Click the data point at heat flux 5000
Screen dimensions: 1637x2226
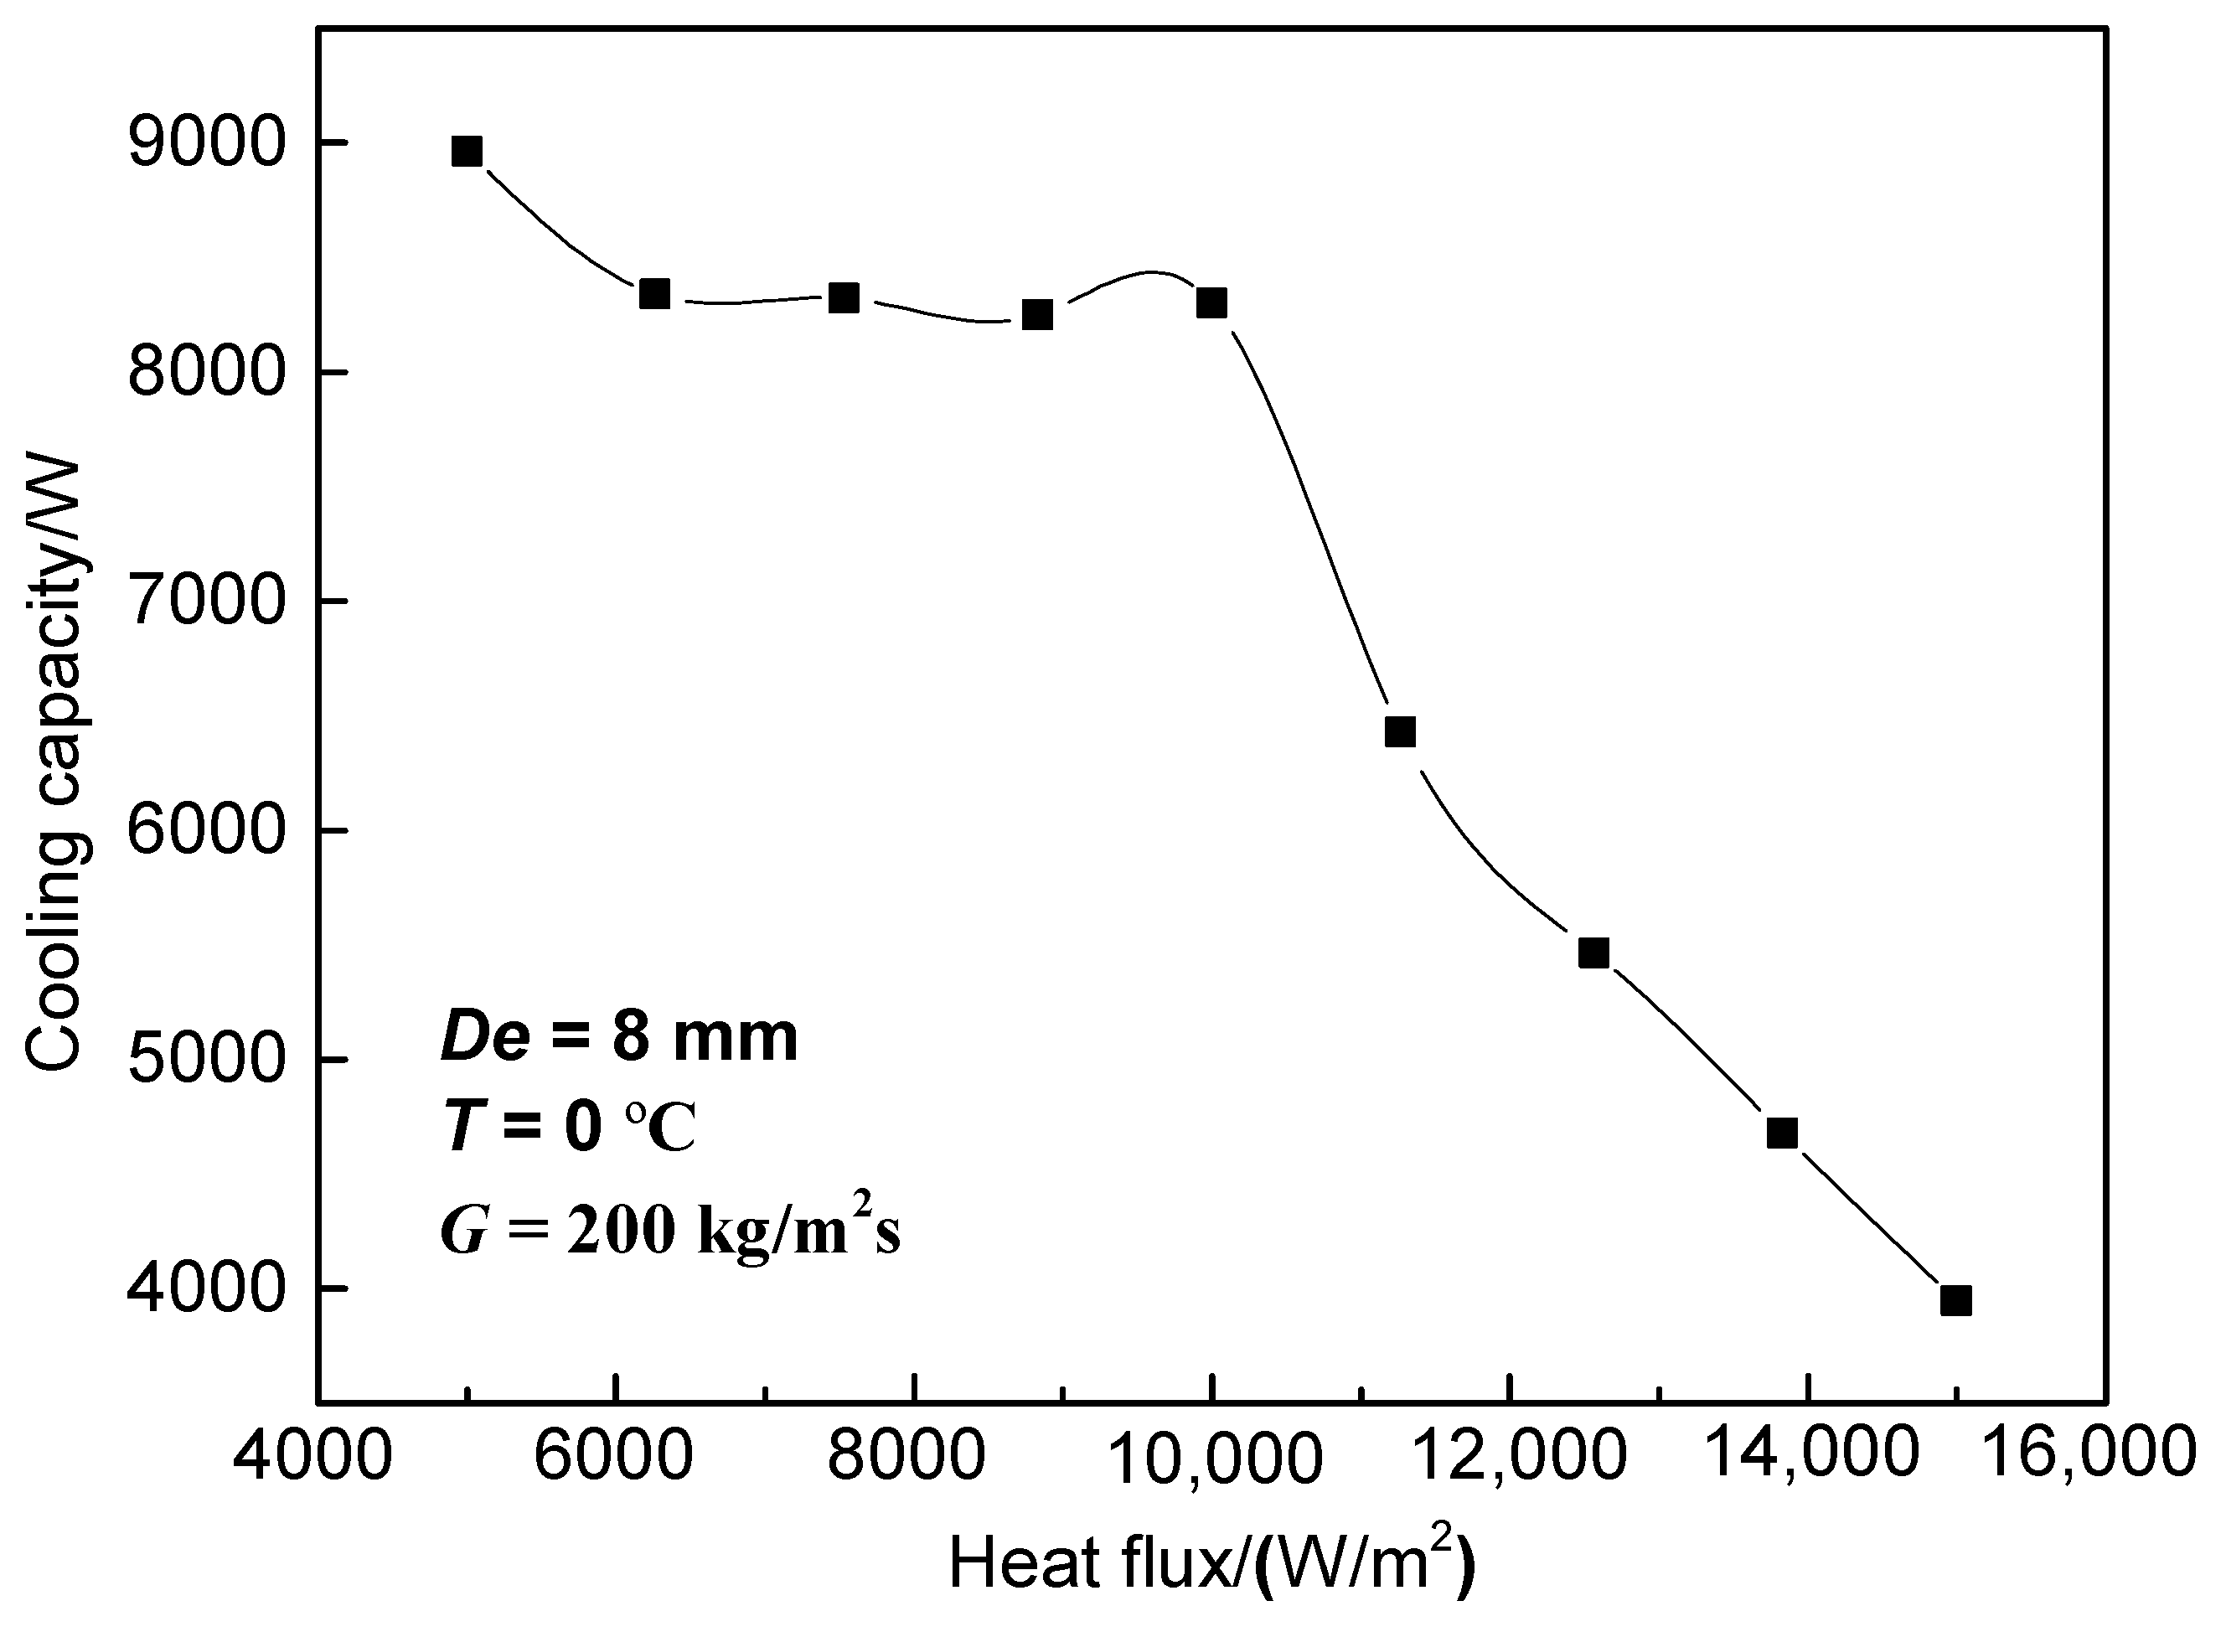[467, 152]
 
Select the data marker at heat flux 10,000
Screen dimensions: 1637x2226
[1211, 302]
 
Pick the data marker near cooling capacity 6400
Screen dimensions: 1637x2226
[1400, 732]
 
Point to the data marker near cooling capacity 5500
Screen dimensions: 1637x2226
[1593, 953]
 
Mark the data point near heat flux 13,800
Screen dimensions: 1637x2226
[1782, 1133]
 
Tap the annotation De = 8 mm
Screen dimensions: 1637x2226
[619, 1039]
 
